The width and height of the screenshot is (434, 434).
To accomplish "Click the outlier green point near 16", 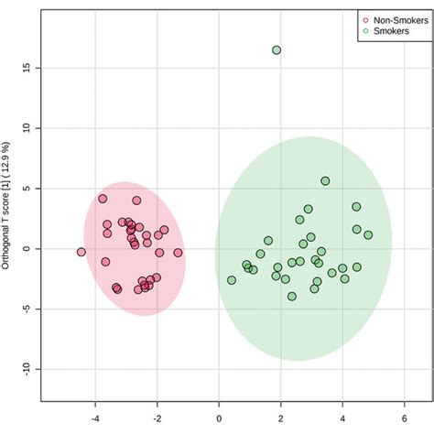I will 277,50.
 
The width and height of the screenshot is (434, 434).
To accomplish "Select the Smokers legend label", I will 388,30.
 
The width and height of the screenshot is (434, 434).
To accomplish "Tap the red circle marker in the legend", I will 366,18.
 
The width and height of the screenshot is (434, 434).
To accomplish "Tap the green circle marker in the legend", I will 366,30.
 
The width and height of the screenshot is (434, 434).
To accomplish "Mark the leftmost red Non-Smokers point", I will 81,252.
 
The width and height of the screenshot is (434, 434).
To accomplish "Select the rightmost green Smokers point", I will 368,235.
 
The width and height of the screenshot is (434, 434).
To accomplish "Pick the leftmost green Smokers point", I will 232,280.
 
